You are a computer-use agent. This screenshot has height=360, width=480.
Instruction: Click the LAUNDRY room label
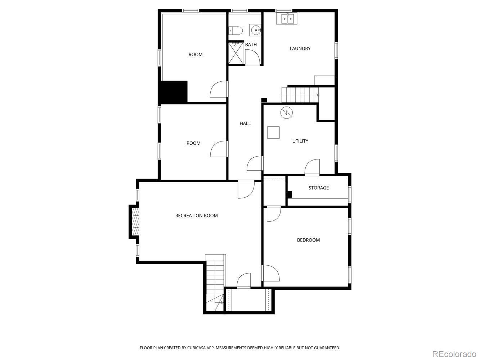pyautogui.click(x=300, y=49)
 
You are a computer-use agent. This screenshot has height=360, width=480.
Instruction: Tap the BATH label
pyautogui.click(x=251, y=45)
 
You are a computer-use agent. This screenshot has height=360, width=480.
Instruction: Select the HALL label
pyautogui.click(x=245, y=123)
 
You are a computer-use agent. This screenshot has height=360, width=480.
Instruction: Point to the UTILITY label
pyautogui.click(x=300, y=141)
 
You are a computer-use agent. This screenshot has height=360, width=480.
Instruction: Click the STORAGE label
pyautogui.click(x=318, y=188)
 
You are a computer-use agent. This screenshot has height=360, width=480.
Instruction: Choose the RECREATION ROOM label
pyautogui.click(x=196, y=216)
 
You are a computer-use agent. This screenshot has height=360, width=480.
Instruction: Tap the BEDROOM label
pyautogui.click(x=308, y=240)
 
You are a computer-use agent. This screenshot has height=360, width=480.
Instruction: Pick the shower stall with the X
pyautogui.click(x=236, y=53)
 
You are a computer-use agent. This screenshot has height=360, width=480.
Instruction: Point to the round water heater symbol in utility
pyautogui.click(x=287, y=113)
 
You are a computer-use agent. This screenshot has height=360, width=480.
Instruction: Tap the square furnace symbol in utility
pyautogui.click(x=274, y=132)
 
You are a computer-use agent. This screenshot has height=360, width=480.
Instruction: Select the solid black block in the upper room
pyautogui.click(x=174, y=91)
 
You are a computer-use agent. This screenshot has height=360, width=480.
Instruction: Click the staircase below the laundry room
pyautogui.click(x=300, y=95)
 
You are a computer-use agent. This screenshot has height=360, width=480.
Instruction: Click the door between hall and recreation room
pyautogui.click(x=246, y=189)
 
